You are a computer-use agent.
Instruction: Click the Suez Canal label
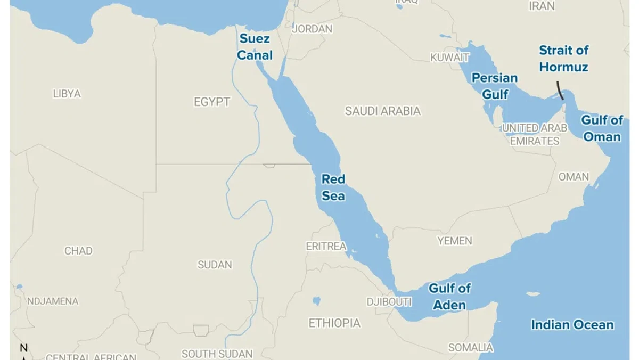(x=255, y=47)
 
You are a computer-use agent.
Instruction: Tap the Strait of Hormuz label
(x=563, y=59)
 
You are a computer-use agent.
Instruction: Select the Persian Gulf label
(x=495, y=86)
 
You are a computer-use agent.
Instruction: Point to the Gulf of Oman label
(x=602, y=128)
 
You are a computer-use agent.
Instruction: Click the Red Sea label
(x=333, y=187)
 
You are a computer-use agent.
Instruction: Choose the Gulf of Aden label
(x=450, y=297)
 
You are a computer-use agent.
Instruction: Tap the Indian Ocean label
(x=572, y=325)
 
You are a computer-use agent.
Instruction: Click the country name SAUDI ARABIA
(x=382, y=111)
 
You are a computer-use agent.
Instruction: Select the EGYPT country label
(x=212, y=102)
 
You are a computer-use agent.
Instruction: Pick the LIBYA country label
(x=67, y=94)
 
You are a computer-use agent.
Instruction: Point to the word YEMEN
(x=455, y=241)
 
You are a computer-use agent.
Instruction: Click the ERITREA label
(x=326, y=247)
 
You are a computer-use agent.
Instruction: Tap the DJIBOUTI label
(x=389, y=302)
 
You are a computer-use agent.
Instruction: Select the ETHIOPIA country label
(x=334, y=323)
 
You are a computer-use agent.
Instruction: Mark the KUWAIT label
(x=450, y=58)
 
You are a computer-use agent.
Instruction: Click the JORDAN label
(x=312, y=29)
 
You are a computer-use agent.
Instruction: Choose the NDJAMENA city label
(x=53, y=301)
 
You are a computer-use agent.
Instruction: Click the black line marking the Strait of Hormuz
(x=560, y=91)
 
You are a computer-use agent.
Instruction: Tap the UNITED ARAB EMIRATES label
(x=535, y=135)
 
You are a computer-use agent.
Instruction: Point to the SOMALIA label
(x=470, y=348)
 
